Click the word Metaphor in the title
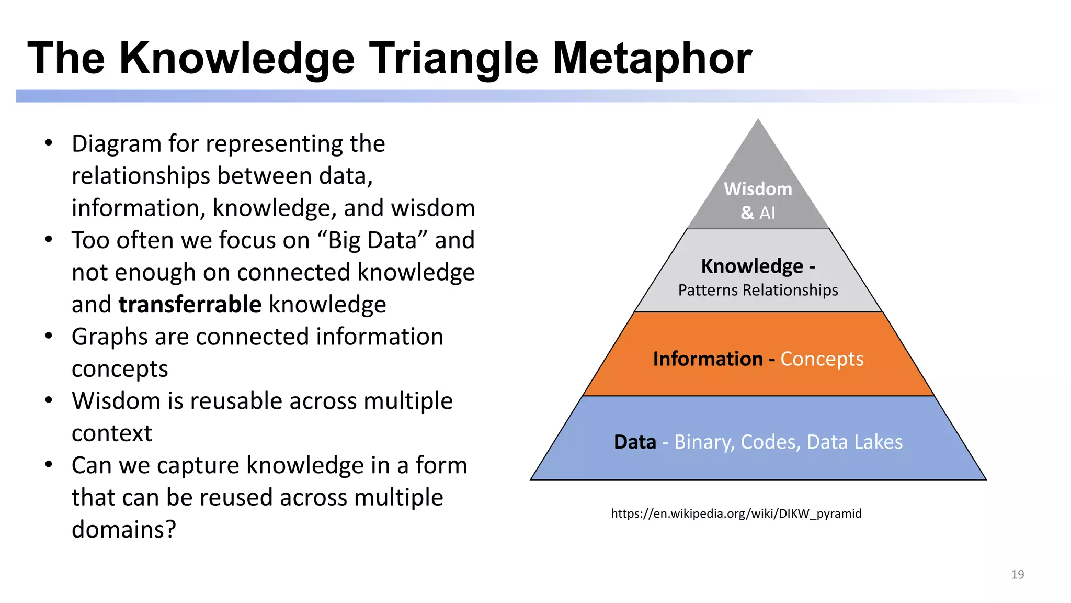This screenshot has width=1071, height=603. pos(652,59)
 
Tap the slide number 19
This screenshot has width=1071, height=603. pos(1017,574)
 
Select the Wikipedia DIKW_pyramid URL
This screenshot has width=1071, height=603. pos(736,513)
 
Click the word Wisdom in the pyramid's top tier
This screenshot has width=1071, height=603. pos(758,189)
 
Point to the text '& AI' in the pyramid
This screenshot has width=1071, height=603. pos(758,213)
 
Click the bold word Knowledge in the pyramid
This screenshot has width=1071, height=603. pos(751,266)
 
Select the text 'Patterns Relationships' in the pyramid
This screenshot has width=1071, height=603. pos(758,290)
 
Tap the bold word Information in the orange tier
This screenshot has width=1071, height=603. pos(708,359)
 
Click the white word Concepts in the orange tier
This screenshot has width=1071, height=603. pos(822,359)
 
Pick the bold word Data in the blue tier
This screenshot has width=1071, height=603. pos(634,442)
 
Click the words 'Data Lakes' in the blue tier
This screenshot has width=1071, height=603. pos(854,442)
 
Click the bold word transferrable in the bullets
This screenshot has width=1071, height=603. pos(190,305)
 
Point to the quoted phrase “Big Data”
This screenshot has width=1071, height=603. pos(372,240)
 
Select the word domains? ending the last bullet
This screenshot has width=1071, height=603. pos(124,529)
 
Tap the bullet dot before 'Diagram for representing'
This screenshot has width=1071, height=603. pos(49,143)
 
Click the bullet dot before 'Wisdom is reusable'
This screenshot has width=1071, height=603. pos(49,400)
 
